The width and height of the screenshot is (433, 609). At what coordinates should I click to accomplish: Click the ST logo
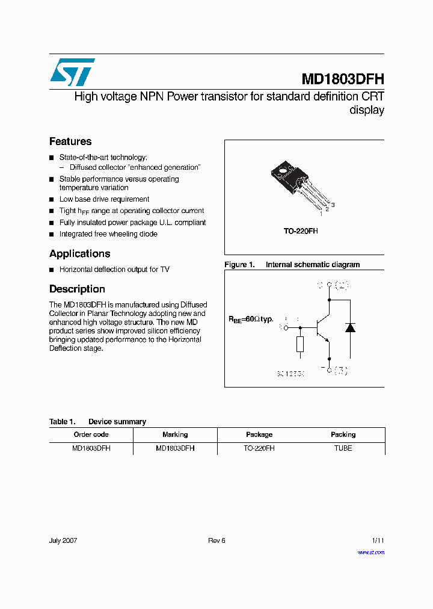point(72,72)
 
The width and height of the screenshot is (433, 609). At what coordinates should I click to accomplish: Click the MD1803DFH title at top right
point(342,79)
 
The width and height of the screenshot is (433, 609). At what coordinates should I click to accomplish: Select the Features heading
point(70,141)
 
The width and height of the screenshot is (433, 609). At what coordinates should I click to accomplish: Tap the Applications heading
point(79,253)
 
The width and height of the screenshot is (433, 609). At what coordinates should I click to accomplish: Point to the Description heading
point(77,289)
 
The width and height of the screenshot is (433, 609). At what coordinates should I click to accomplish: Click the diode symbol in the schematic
point(350,327)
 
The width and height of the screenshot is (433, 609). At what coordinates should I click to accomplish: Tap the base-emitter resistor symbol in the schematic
point(300,344)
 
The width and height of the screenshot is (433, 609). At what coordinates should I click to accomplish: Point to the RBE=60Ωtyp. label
point(250,320)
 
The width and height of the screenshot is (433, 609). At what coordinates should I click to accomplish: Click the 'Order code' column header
point(91,434)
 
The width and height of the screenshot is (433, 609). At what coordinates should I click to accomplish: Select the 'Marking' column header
point(175,434)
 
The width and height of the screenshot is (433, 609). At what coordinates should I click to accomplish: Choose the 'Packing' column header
point(343,434)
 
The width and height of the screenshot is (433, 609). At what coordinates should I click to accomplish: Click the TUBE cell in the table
point(343,448)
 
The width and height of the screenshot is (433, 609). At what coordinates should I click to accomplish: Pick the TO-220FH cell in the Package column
point(259,448)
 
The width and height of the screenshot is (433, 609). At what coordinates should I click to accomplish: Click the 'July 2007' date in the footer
point(63,540)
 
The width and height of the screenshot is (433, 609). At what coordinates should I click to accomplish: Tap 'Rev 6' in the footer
point(216,540)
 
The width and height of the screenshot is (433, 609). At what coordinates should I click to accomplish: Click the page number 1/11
point(378,540)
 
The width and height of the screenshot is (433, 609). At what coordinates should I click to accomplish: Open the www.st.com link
point(370,552)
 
